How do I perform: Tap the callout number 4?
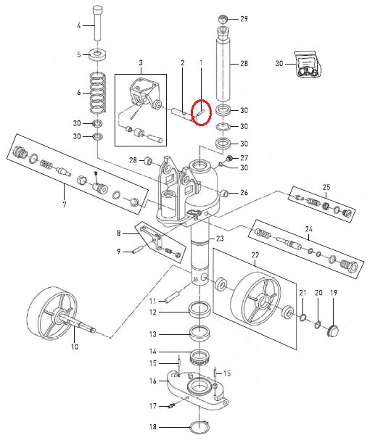pos(79,25)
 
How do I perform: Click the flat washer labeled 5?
pos(96,54)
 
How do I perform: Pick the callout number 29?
pos(244,18)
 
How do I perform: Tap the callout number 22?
pos(255,255)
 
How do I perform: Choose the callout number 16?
pos(153,381)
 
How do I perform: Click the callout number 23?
pos(220,238)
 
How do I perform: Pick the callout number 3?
pos(141,64)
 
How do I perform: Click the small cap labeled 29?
pos(225,17)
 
